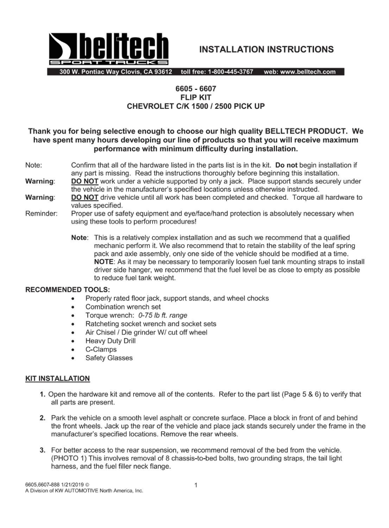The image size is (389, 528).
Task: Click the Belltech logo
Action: (x=109, y=50)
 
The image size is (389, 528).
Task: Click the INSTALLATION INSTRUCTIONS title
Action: (x=266, y=50)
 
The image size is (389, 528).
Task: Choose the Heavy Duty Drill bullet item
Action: (x=110, y=341)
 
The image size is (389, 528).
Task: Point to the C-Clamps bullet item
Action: (x=101, y=349)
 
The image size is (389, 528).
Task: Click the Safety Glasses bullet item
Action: (x=109, y=358)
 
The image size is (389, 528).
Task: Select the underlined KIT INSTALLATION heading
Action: (x=57, y=378)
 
